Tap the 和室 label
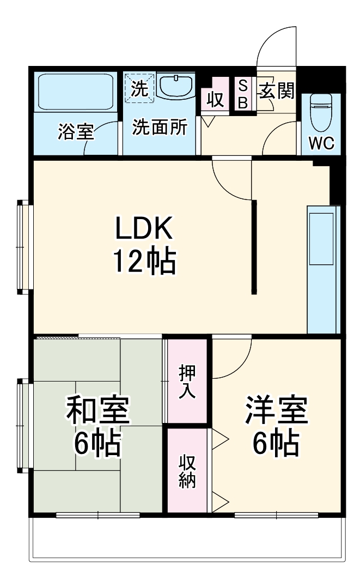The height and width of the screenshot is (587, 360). (98, 411)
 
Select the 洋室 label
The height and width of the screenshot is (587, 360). (276, 411)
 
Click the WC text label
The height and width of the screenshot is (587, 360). (322, 143)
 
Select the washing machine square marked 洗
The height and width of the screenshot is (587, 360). (140, 89)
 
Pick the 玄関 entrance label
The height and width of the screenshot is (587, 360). (277, 90)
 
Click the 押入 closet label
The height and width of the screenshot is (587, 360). (187, 382)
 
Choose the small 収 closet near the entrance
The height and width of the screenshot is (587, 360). (215, 100)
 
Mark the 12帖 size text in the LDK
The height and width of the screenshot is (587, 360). (144, 262)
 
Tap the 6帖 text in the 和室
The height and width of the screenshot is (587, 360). (98, 444)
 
